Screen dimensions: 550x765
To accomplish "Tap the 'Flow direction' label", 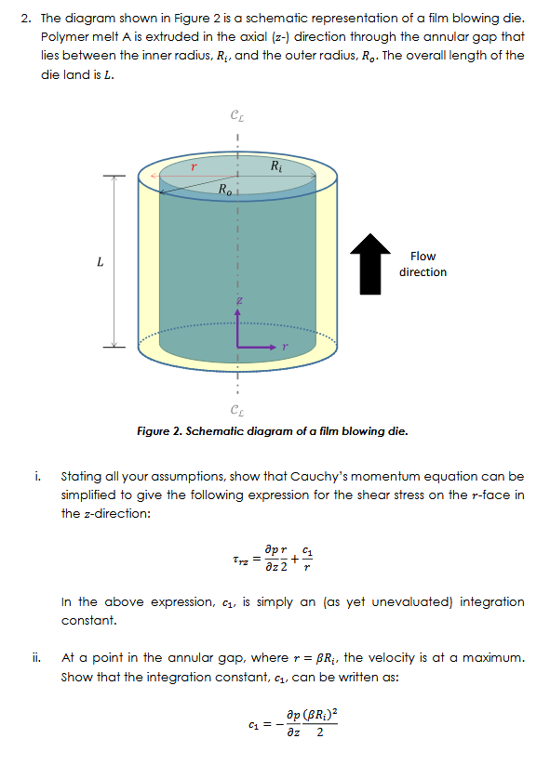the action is click(x=423, y=264).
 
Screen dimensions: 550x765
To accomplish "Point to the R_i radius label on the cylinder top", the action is click(x=276, y=167).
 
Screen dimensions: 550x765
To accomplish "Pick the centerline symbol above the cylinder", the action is click(x=237, y=116).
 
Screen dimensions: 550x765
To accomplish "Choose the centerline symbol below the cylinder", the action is click(x=237, y=412).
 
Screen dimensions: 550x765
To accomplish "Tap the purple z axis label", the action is click(x=238, y=302).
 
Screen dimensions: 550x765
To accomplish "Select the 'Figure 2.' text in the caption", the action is click(x=160, y=431).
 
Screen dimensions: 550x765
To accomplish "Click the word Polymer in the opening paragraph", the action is click(x=64, y=36).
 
